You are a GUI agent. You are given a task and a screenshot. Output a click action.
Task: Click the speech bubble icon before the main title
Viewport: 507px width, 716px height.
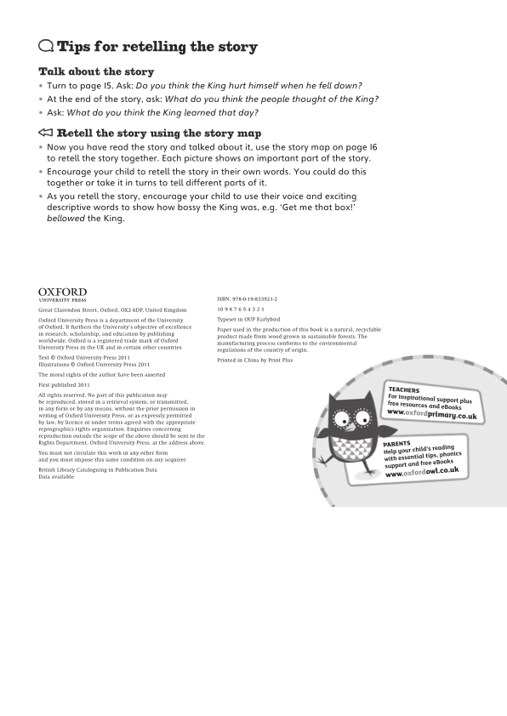click(x=46, y=47)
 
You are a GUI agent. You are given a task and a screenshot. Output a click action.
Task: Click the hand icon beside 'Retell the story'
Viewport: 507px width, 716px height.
click(x=46, y=134)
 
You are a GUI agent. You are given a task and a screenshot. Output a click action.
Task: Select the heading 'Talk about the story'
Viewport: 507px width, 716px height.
click(x=96, y=72)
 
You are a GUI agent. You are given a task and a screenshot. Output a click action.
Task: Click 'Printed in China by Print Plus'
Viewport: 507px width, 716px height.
click(x=254, y=361)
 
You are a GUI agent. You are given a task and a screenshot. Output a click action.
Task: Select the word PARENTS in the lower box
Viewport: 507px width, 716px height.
click(x=396, y=444)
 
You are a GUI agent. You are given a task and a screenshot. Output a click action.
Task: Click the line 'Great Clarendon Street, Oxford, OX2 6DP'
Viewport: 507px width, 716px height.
click(x=112, y=310)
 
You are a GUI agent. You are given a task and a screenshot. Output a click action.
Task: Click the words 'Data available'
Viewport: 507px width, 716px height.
click(x=56, y=477)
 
